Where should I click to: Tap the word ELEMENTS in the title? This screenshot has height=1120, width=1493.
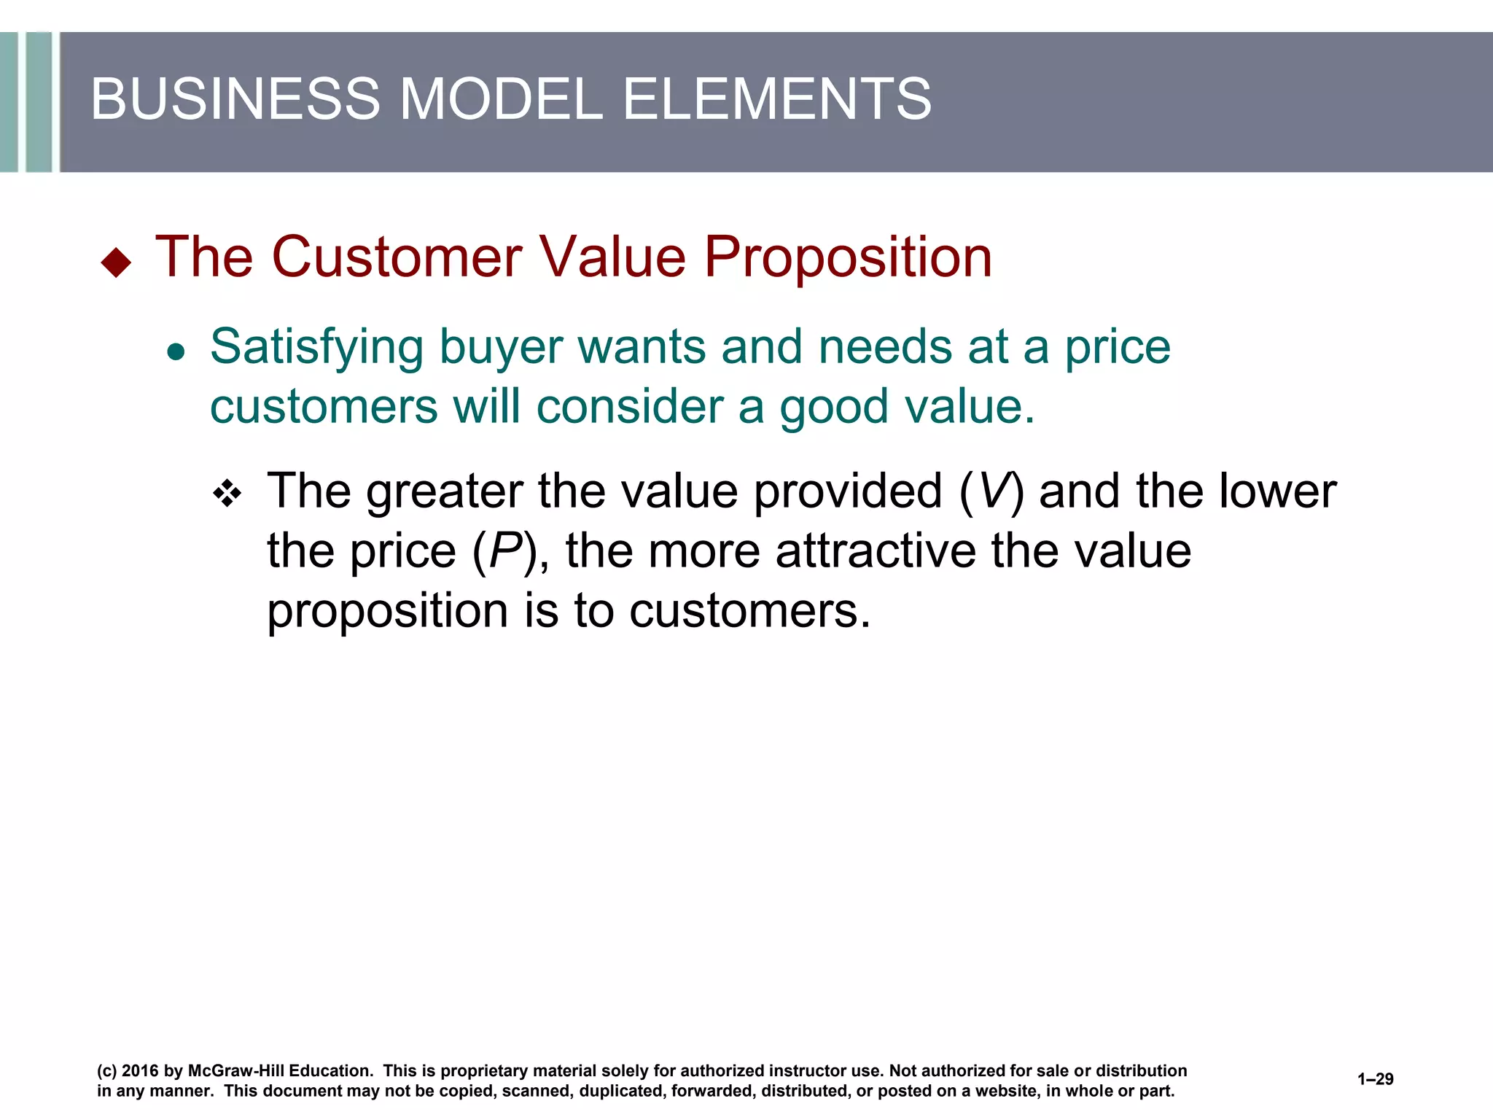(776, 99)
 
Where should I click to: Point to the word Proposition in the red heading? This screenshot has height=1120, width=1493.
(847, 259)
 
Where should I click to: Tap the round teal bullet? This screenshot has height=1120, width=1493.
(176, 353)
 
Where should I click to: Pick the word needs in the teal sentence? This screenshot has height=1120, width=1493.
(885, 346)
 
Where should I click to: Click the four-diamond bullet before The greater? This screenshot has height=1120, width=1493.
(227, 494)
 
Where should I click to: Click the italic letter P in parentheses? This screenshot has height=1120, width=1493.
(506, 551)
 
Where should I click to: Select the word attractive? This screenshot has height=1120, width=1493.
(876, 551)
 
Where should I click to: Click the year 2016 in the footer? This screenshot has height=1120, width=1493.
(140, 1071)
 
